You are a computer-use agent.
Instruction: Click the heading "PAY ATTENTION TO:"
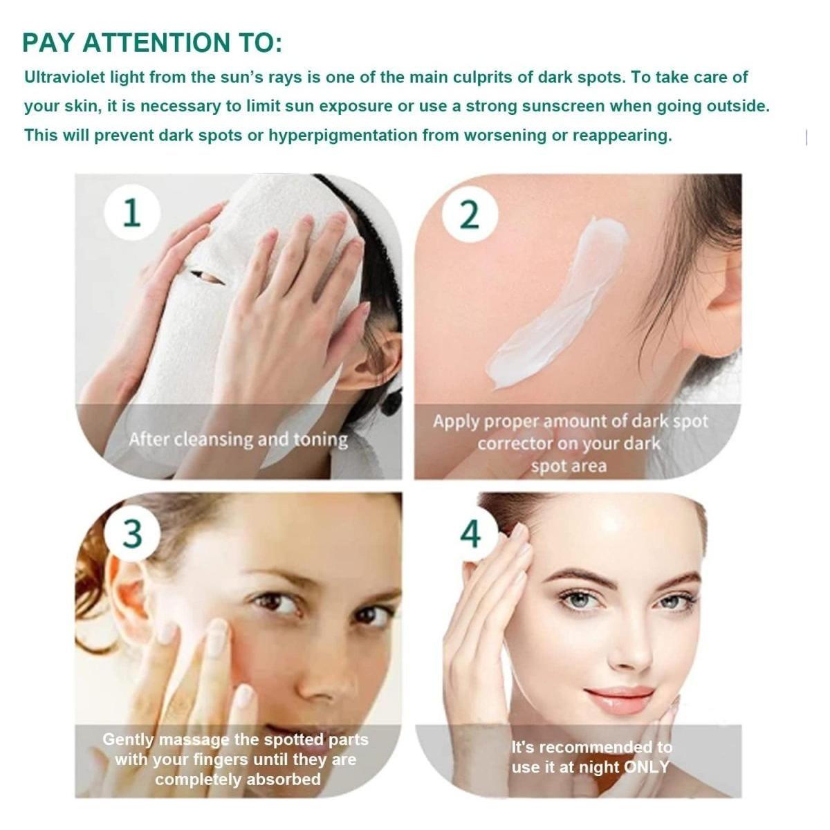tap(152, 43)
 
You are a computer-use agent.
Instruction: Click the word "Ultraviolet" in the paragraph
tap(64, 77)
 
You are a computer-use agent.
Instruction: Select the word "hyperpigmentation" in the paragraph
tap(343, 136)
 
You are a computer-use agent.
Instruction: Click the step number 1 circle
tap(132, 212)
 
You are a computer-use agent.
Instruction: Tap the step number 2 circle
tap(470, 214)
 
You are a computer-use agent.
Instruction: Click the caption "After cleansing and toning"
tap(238, 440)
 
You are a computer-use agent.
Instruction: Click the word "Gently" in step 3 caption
tap(128, 739)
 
